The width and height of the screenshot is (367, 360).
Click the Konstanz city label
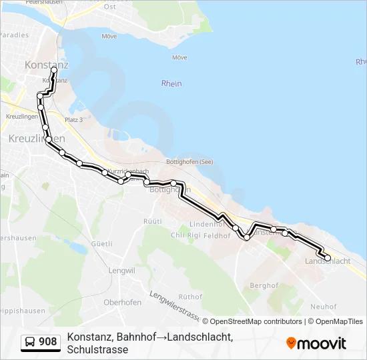(47, 65)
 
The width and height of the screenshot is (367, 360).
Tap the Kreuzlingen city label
(37, 139)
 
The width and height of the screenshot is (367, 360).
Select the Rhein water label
(171, 83)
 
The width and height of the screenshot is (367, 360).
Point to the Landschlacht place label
(327, 261)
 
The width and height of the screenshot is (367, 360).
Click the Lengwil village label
(121, 271)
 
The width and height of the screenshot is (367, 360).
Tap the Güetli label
(101, 244)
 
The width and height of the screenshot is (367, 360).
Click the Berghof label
(264, 285)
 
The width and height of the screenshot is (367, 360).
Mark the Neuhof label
(323, 307)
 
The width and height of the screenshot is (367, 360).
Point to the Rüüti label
(153, 221)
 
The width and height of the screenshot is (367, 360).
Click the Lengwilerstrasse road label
(174, 305)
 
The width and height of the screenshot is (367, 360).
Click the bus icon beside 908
(30, 342)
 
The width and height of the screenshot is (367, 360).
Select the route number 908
(48, 342)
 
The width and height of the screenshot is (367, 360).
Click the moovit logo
(316, 343)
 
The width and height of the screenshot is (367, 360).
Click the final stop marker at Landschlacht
(328, 257)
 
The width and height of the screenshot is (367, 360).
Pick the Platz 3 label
(73, 120)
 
